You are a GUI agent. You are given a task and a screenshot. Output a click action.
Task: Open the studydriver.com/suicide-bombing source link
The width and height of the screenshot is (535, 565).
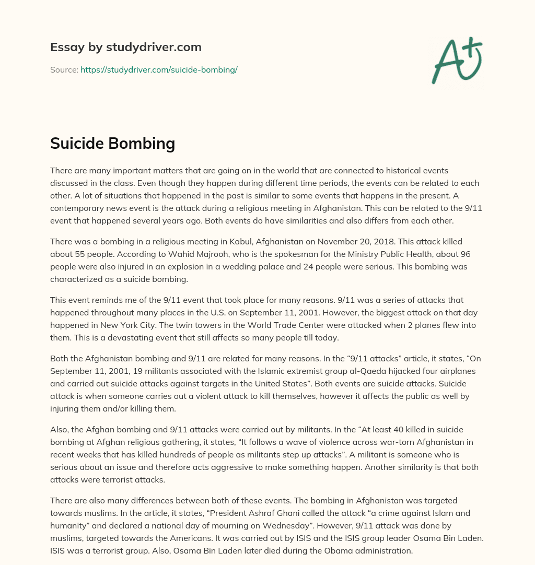(159, 69)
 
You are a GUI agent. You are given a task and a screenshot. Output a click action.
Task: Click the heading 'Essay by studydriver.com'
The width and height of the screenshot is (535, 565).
(125, 47)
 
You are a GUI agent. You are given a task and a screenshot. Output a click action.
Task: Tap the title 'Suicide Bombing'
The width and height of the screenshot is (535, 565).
(112, 143)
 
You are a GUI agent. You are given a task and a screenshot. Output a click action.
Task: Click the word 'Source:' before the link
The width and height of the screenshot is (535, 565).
(64, 69)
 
